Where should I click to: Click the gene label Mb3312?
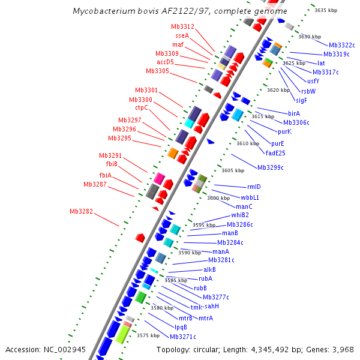pos(182,26)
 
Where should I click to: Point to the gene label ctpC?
pos(141,108)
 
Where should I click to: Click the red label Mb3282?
pos(81,211)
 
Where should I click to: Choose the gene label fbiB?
pos(112,164)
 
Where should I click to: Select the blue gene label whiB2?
pos(240,215)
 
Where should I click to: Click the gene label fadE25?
pos(275,152)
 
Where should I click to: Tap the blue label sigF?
pos(301,100)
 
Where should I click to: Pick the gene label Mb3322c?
pos(341,45)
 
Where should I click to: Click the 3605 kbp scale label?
pos(233,170)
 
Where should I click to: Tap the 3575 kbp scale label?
pos(148,335)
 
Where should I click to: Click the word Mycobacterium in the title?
pos(104,11)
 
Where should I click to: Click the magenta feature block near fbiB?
pos(159,178)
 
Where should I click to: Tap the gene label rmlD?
pos(254,187)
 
